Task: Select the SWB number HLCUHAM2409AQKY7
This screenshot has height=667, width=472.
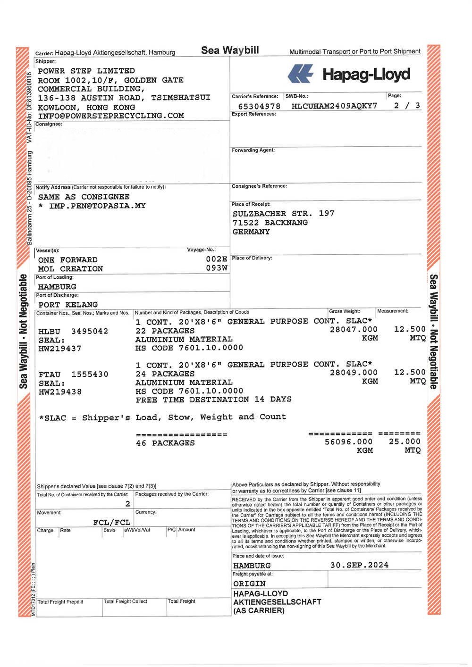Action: tap(334, 106)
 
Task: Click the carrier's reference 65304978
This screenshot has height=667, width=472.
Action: tap(259, 107)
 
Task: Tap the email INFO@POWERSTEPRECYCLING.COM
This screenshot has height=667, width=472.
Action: tap(111, 116)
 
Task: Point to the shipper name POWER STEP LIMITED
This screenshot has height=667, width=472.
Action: tap(86, 71)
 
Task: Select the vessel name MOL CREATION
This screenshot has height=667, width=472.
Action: tap(70, 269)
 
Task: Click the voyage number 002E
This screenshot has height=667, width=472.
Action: tap(217, 259)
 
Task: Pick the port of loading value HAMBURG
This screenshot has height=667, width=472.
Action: tap(57, 287)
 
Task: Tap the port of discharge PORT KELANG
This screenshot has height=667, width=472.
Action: tap(68, 305)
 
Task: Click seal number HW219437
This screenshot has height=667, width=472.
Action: tap(60, 349)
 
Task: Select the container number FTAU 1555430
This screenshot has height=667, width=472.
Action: tap(73, 375)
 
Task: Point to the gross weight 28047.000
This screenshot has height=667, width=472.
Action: tap(354, 330)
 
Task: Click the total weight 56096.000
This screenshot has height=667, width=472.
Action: tap(349, 442)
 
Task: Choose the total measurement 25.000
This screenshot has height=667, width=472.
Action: tap(405, 442)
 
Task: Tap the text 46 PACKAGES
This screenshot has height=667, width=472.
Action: tap(165, 443)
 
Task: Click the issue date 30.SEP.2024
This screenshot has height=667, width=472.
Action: tap(359, 565)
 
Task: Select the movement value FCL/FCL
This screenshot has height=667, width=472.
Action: tap(112, 522)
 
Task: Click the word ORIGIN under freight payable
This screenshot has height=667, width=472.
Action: tap(249, 584)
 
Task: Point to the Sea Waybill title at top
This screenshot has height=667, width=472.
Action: tap(230, 50)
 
